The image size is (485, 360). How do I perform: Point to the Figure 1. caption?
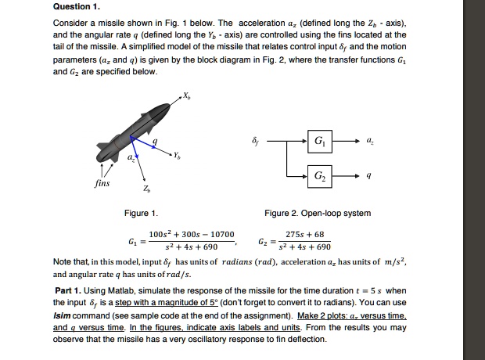coord(141,213)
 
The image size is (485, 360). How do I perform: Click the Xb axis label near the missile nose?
coord(185,95)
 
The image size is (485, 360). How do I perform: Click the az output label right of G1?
coord(370,142)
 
